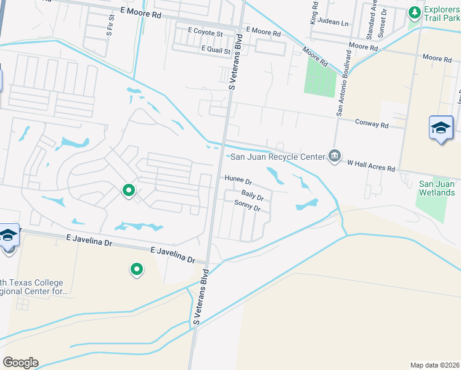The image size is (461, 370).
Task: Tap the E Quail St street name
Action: [x=215, y=49]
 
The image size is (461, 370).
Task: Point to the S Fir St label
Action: [x=110, y=25]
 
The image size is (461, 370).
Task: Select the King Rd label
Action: [x=314, y=12]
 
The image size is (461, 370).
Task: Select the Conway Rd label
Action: [x=372, y=124]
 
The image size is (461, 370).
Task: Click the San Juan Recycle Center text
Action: [x=277, y=157]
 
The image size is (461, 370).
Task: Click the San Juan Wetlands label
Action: [x=437, y=188]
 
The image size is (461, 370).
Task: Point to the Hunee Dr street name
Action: [x=239, y=180]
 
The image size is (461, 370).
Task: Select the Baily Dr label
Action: [x=253, y=197]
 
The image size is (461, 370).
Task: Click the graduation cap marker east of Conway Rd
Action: [x=441, y=128]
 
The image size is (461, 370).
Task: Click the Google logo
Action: [x=20, y=363]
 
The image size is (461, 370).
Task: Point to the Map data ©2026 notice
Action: [x=434, y=364]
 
